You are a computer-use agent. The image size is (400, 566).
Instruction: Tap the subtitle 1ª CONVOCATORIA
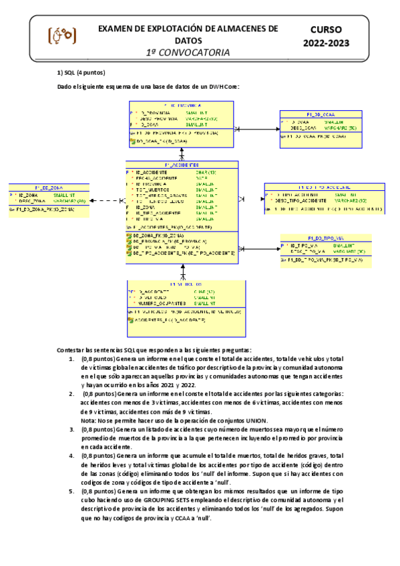pos(188,52)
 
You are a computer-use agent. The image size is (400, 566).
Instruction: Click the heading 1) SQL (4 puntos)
pos(81,73)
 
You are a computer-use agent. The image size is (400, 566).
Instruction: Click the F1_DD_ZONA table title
pos(48,188)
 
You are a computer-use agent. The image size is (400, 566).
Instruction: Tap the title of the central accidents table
pos(182,165)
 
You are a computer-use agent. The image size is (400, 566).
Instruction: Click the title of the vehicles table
pos(182,284)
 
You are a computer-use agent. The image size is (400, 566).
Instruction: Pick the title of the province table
pos(182,105)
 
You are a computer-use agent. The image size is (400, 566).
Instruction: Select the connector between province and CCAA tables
pos(256,129)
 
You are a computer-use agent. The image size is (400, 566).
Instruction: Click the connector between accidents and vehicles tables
pos(182,270)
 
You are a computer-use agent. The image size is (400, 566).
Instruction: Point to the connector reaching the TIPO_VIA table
pos(259,248)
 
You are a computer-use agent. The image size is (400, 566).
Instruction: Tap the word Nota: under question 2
pos(89,420)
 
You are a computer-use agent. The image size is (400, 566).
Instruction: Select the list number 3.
pos(71,429)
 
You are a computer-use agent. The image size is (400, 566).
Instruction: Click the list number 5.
pos(71,491)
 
